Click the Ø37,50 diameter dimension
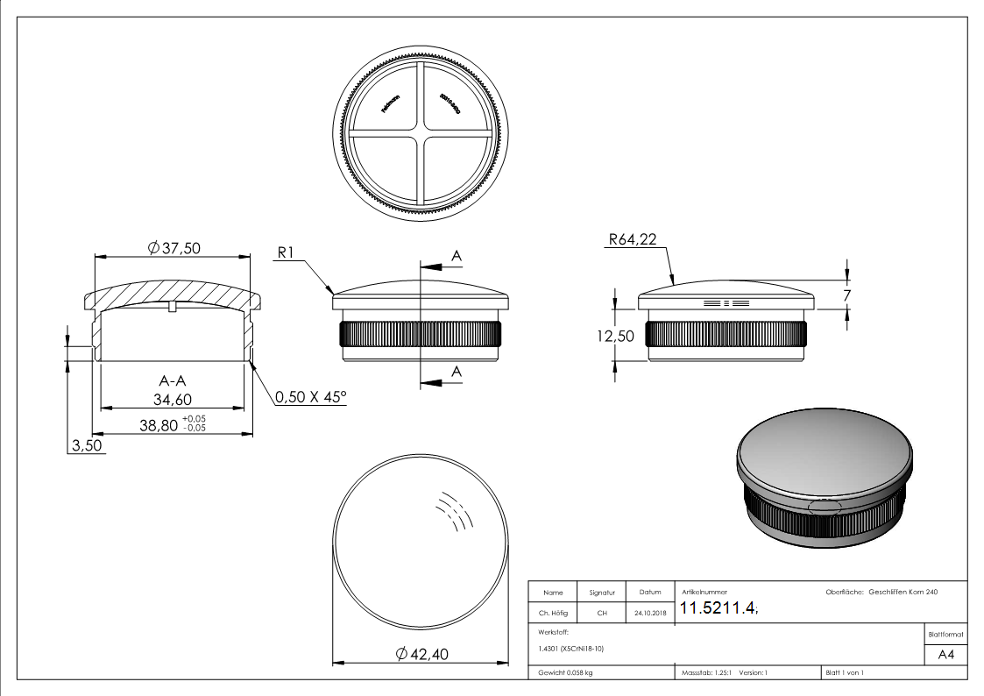pos(174,248)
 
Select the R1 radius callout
pos(288,252)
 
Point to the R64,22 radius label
pos(631,239)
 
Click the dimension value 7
pos(846,295)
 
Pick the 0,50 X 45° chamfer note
pos(311,397)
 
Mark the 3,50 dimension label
pos(87,445)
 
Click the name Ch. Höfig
pos(553,614)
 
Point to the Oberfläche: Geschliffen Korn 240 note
pos(881,593)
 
